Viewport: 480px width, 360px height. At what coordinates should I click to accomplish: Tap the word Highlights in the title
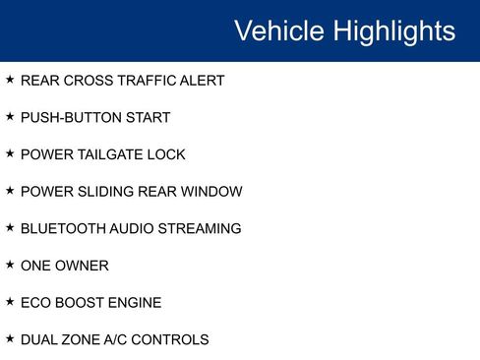tap(393, 30)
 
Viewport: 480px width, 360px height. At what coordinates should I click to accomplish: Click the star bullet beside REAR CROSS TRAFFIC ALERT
tap(10, 80)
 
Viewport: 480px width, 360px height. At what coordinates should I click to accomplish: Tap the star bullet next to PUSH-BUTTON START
tap(10, 117)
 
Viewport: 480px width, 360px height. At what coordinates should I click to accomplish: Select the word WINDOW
tap(212, 192)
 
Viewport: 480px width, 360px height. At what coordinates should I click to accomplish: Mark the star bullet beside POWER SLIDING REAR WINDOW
tap(10, 191)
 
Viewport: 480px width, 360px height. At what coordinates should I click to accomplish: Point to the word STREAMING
tap(203, 229)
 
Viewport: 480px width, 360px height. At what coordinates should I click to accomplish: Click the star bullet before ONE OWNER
tap(10, 265)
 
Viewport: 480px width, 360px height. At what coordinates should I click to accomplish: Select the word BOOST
tap(83, 303)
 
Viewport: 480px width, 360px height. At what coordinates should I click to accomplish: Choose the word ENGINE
tap(136, 303)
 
